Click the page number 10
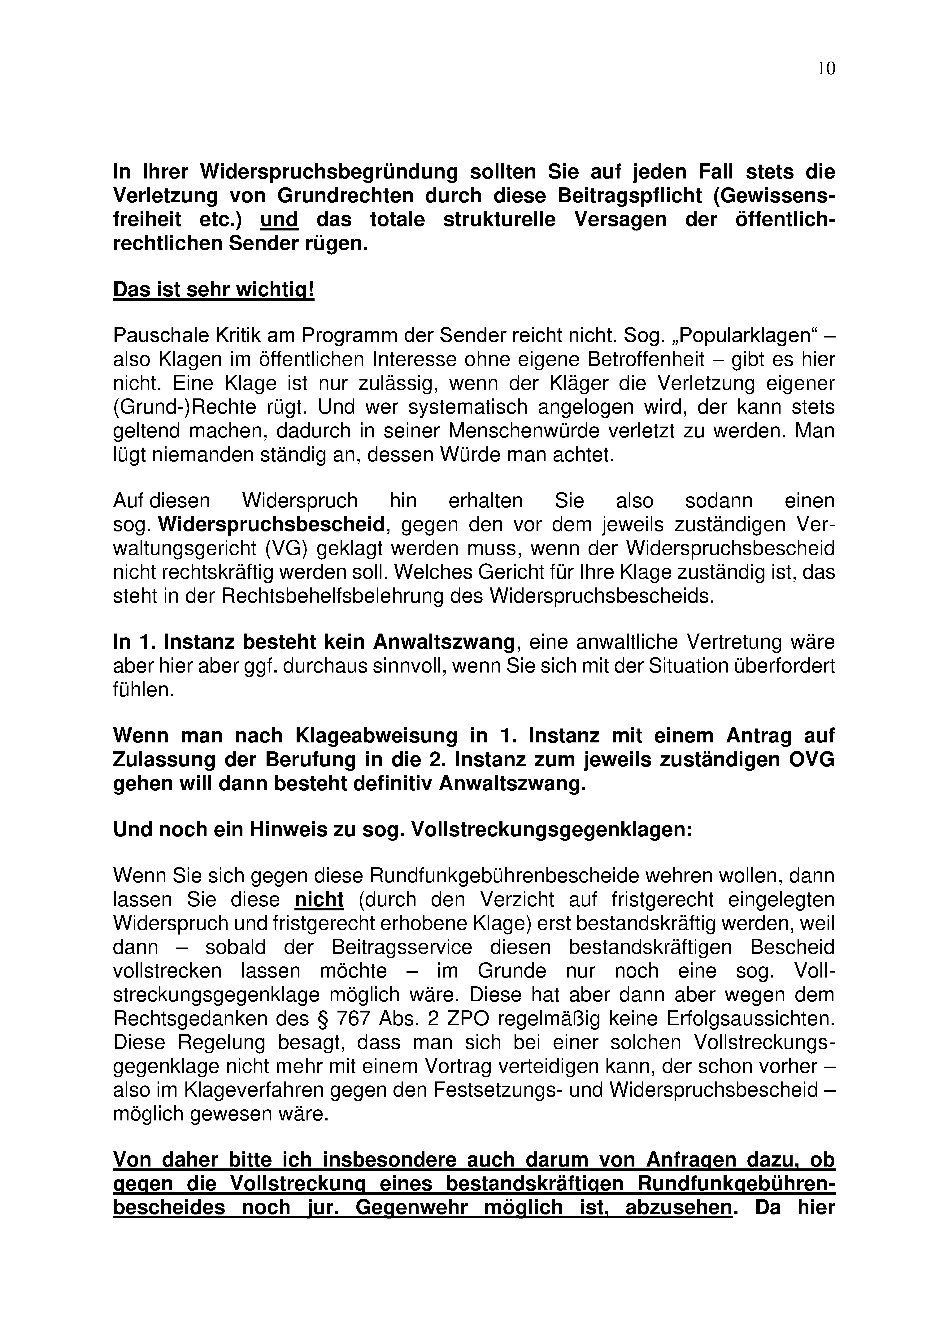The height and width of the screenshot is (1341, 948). coord(826,69)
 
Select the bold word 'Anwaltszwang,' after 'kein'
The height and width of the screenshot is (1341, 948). coord(446,642)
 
